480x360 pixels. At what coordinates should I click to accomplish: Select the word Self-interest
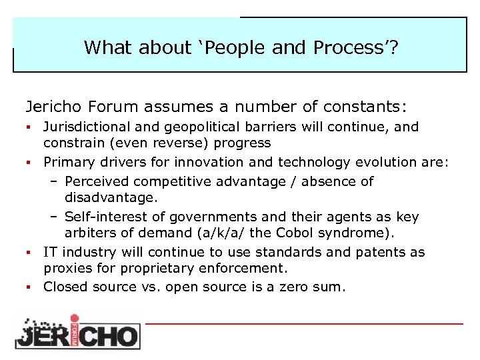coord(101,217)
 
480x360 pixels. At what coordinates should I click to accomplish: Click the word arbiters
coord(89,233)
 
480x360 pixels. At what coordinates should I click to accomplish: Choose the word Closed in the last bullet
coord(65,287)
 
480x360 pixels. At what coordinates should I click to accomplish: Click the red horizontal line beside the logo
coord(303,323)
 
